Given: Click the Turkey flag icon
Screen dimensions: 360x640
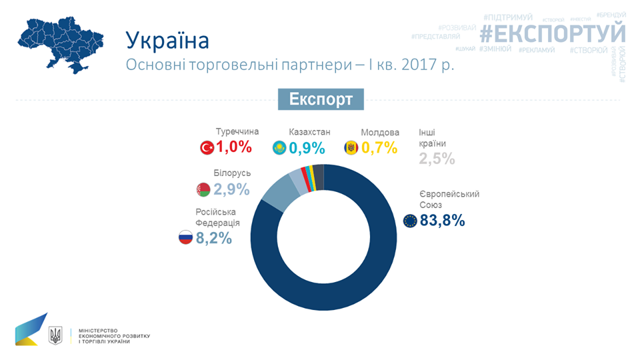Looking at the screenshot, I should pyautogui.click(x=207, y=148).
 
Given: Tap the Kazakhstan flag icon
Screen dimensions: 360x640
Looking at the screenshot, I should pyautogui.click(x=279, y=148).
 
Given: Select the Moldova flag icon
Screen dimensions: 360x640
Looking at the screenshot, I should pyautogui.click(x=351, y=148).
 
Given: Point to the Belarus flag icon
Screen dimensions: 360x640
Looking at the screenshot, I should pyautogui.click(x=203, y=190).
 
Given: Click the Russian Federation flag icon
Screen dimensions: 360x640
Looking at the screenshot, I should pyautogui.click(x=185, y=237).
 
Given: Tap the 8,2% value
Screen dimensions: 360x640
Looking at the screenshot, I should pyautogui.click(x=213, y=237).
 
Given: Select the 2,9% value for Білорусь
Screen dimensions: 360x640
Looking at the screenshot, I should pyautogui.click(x=231, y=189).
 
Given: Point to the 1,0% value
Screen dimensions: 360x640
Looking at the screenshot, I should pyautogui.click(x=234, y=147).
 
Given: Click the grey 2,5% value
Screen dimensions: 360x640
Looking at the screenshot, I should pyautogui.click(x=437, y=159).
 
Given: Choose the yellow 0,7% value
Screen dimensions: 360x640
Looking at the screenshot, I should pyautogui.click(x=379, y=147).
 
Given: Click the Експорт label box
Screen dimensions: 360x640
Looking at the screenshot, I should pyautogui.click(x=321, y=99).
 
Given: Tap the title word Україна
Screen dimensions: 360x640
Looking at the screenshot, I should pyautogui.click(x=167, y=40).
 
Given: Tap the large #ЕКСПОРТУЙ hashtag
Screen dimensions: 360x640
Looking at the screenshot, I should pyautogui.click(x=553, y=33).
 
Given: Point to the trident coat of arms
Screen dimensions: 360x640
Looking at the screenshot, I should pyautogui.click(x=56, y=335).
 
